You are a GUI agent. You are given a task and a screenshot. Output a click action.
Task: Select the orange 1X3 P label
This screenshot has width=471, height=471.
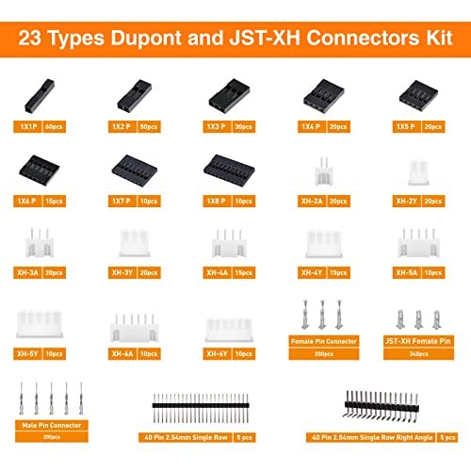[x=222, y=125]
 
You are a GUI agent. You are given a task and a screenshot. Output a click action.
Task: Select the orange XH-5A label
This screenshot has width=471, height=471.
[x=407, y=273]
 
